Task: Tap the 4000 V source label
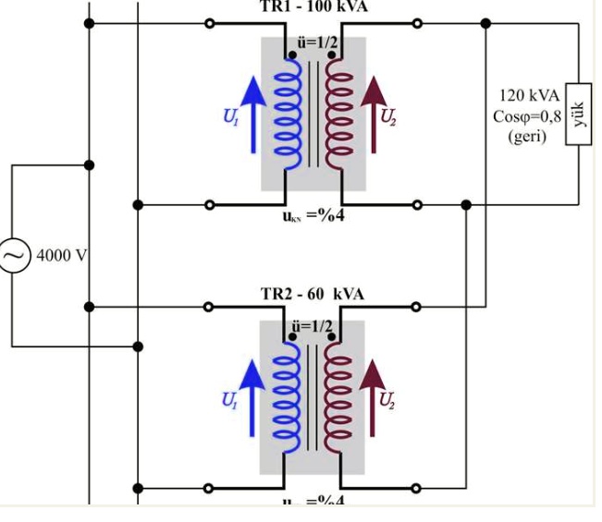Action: [x=60, y=254]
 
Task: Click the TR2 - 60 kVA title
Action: [x=312, y=294]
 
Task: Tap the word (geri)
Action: [x=527, y=136]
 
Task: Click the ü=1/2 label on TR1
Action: [x=312, y=42]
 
